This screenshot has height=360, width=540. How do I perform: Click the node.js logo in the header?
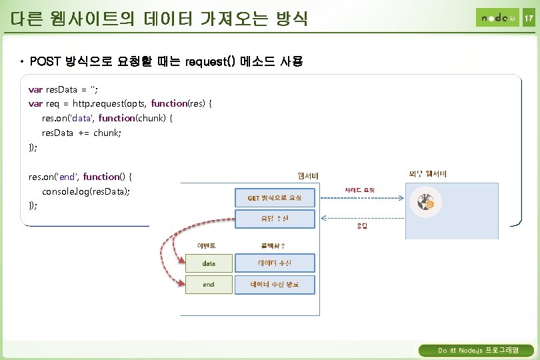pyautogui.click(x=496, y=17)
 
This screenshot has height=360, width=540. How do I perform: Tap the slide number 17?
pyautogui.click(x=528, y=18)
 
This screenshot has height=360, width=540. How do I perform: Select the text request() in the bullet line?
pyautogui.click(x=211, y=62)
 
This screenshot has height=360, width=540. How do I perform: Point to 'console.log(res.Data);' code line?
pyautogui.click(x=85, y=191)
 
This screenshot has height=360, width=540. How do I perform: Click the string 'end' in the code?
pyautogui.click(x=67, y=177)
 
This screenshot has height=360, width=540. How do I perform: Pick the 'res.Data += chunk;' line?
pyautogui.click(x=72, y=133)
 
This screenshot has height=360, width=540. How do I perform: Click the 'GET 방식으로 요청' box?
pyautogui.click(x=275, y=198)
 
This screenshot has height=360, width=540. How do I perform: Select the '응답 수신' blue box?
pyautogui.click(x=275, y=218)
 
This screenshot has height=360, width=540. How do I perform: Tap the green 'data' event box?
pyautogui.click(x=209, y=263)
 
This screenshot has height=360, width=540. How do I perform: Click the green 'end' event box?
pyautogui.click(x=209, y=285)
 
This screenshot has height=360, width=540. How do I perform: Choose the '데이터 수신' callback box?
pyautogui.click(x=275, y=263)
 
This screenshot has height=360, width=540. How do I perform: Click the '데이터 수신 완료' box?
pyautogui.click(x=275, y=285)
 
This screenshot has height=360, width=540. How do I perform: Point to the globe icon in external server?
pyautogui.click(x=425, y=202)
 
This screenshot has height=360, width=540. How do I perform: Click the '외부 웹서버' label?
pyautogui.click(x=427, y=175)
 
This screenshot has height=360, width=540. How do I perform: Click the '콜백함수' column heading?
pyautogui.click(x=274, y=245)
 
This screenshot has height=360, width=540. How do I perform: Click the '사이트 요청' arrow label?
pyautogui.click(x=360, y=191)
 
